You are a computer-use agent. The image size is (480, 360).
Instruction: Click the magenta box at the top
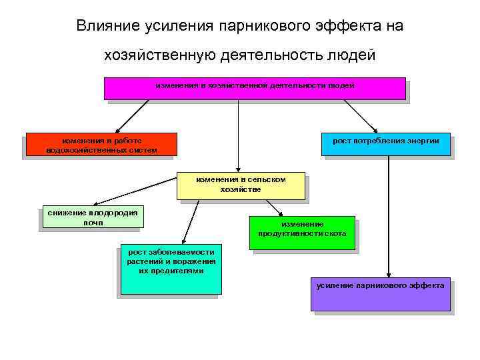coord(255,88)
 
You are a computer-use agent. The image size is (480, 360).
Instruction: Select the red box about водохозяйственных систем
coord(101,144)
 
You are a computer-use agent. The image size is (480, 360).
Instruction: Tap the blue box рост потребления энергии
coord(385,144)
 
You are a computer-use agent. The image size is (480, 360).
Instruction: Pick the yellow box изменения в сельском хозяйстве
coord(241,185)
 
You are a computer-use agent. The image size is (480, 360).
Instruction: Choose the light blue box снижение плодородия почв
coord(92,216)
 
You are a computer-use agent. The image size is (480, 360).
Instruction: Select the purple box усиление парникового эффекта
coord(380,293)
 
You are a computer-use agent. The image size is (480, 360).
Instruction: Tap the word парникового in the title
coord(266,26)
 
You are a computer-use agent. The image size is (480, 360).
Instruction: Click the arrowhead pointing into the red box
coord(117,129)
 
